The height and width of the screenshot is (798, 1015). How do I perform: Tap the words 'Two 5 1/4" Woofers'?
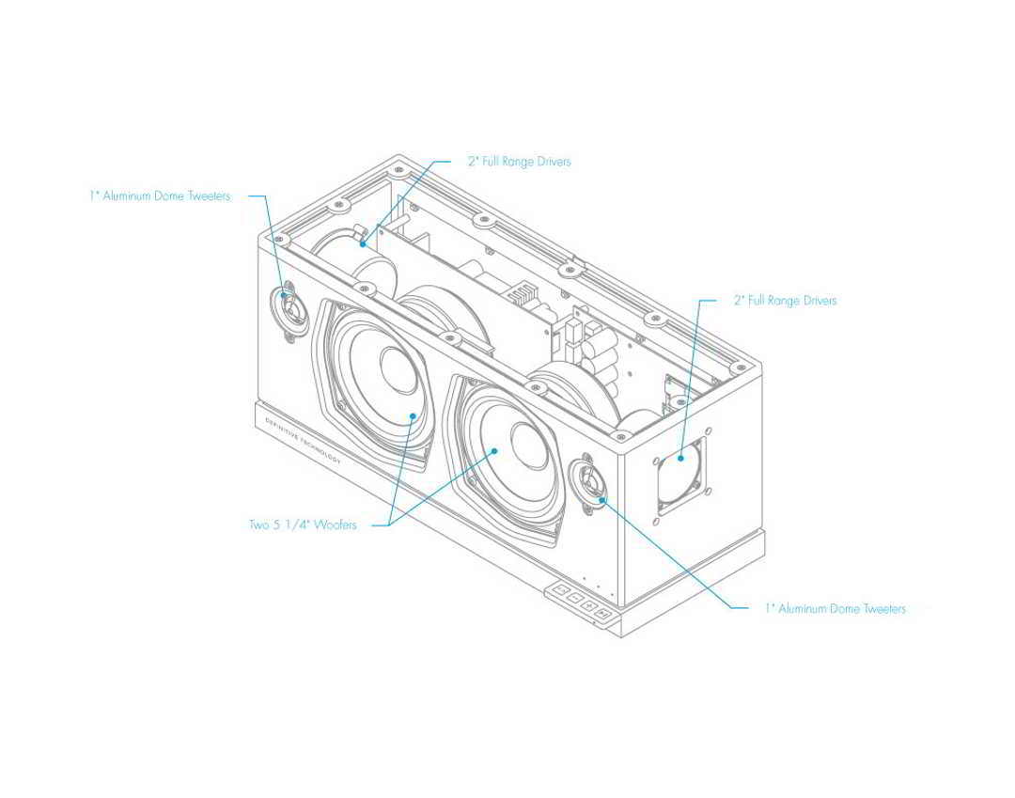303,524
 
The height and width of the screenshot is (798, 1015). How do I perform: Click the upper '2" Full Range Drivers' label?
519,162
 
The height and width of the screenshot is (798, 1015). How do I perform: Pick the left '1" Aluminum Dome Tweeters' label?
160,196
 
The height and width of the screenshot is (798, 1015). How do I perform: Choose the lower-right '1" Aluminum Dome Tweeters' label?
835,609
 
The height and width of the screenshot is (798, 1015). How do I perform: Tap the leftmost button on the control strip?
561,591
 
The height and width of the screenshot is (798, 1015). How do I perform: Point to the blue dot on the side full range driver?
678,458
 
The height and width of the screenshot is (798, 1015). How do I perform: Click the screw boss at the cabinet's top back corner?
399,175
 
